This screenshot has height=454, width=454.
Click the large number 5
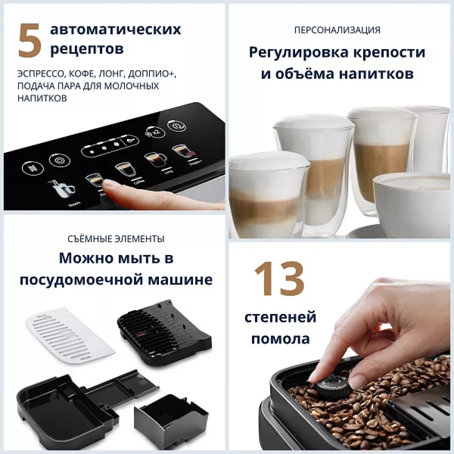(x=29, y=41)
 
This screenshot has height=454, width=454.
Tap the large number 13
(x=279, y=278)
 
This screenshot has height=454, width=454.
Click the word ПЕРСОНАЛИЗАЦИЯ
(x=337, y=30)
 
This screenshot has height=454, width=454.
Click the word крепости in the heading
(x=388, y=52)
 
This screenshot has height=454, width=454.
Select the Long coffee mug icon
(x=155, y=159)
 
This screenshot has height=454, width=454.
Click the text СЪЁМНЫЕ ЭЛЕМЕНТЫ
(x=115, y=239)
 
